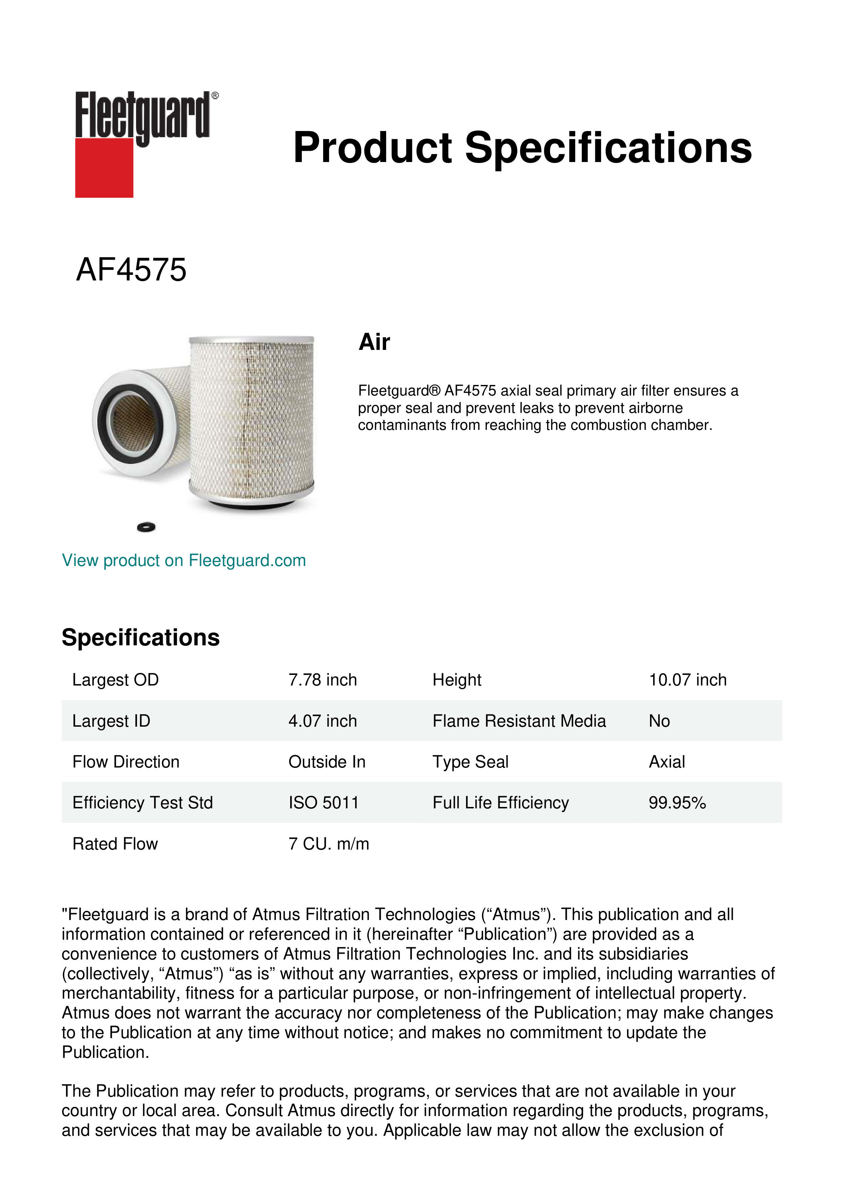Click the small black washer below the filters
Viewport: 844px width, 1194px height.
(146, 527)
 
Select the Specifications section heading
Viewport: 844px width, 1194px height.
(140, 638)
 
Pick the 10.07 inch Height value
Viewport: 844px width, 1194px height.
(687, 680)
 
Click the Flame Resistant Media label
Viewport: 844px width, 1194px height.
(519, 721)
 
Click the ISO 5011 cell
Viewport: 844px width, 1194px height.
(323, 803)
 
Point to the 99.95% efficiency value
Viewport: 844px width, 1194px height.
(677, 803)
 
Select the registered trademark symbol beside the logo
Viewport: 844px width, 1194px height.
(215, 96)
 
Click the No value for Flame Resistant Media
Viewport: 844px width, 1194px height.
(659, 721)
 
